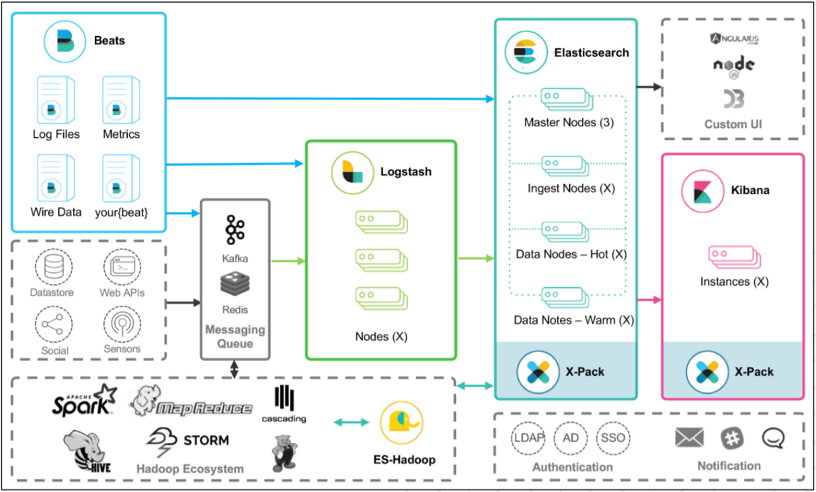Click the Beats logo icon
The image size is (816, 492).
[x=63, y=41]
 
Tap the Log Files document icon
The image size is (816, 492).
[x=56, y=99]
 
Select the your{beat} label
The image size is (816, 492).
[x=121, y=212]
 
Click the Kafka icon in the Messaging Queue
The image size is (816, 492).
[x=235, y=230]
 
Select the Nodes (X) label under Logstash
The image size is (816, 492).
[x=381, y=335]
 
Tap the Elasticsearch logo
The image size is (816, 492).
[x=525, y=52]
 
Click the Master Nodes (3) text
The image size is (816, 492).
[x=569, y=123]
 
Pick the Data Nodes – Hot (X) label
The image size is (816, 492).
[x=571, y=255]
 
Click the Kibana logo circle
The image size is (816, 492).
[x=702, y=191]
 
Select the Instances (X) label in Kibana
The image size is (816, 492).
[x=734, y=282]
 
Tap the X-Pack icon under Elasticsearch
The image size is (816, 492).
[x=538, y=371]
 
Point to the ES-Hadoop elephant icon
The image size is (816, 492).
[x=401, y=423]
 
